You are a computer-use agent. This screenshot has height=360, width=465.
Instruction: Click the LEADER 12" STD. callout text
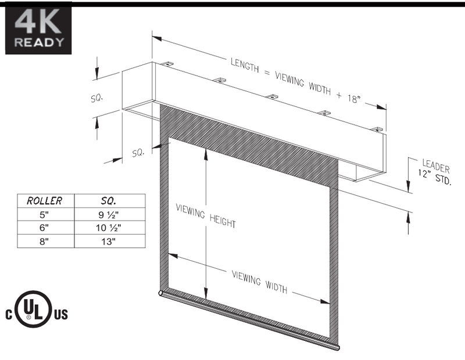[x=434, y=173]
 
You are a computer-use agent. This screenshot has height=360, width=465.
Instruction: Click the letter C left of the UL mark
[x=9, y=315]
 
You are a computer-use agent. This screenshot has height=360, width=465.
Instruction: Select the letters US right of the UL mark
[x=61, y=315]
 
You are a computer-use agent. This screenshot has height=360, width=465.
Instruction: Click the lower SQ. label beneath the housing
[x=138, y=153]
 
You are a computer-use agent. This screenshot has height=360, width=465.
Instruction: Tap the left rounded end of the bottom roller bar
[x=162, y=294]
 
